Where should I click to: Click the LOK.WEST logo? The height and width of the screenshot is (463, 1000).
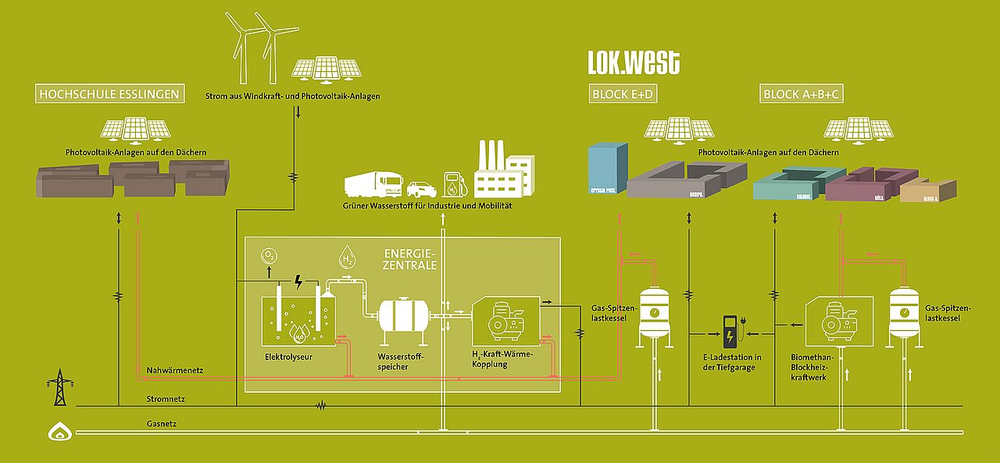click(634, 62)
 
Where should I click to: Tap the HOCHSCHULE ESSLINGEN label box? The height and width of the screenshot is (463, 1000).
click(110, 94)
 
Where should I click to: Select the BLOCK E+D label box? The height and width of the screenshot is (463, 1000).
click(622, 94)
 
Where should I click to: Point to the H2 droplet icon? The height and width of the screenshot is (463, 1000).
click(347, 258)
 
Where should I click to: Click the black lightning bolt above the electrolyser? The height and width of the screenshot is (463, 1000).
click(298, 281)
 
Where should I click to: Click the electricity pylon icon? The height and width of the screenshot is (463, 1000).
click(58, 388)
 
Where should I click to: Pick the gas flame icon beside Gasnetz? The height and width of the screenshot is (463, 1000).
click(59, 432)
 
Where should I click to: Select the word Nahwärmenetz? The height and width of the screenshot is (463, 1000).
click(174, 369)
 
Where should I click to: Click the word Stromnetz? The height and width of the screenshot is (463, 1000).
click(166, 399)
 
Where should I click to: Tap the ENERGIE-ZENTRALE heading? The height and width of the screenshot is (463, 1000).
click(410, 260)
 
